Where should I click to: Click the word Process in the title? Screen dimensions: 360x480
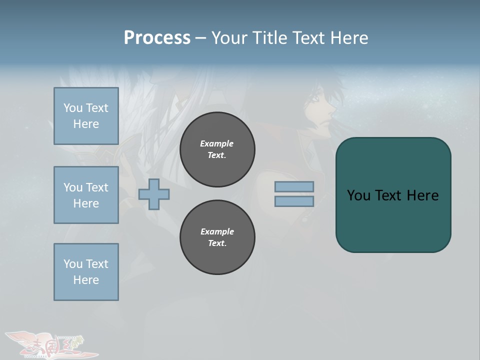[157, 38]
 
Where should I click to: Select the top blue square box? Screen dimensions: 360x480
[86, 116]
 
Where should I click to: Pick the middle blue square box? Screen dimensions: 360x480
[86, 195]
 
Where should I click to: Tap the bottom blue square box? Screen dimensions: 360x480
[86, 272]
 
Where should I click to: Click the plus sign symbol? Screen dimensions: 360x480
[154, 194]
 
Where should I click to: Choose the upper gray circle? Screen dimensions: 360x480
[217, 149]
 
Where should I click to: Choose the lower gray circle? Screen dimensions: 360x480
[217, 237]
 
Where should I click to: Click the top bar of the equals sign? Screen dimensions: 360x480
[294, 186]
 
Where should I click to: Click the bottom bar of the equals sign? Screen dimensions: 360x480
[294, 201]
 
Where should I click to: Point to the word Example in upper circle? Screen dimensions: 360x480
[216, 143]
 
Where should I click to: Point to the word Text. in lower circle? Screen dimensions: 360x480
[217, 243]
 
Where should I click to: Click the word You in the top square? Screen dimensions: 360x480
[73, 108]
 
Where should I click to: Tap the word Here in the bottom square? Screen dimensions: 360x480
[86, 280]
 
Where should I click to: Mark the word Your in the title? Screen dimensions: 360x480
[229, 38]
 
